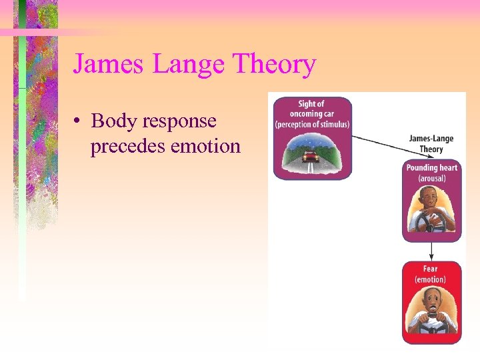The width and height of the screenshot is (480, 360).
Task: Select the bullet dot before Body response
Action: [79, 121]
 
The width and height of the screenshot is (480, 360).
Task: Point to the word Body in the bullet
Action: [110, 121]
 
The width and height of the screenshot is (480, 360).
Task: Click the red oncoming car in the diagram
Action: [310, 157]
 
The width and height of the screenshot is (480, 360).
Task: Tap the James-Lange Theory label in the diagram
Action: [431, 144]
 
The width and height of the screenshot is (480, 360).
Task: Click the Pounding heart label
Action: [432, 167]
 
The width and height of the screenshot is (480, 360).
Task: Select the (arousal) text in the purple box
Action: [432, 178]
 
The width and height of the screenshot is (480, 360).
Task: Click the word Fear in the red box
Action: [431, 269]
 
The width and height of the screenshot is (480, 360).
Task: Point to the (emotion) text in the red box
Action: [431, 279]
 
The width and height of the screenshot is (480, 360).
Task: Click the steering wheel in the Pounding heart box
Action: [431, 223]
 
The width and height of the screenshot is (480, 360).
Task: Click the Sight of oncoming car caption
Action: [311, 109]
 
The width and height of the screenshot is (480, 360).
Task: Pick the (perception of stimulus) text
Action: [312, 125]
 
